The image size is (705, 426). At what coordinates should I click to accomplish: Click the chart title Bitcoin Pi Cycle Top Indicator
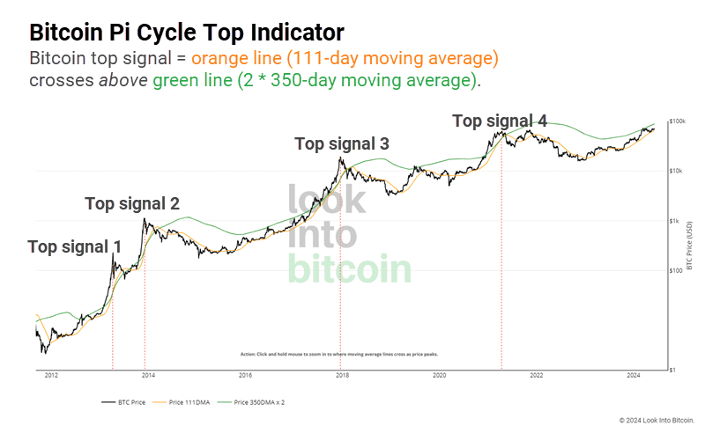pos(187,33)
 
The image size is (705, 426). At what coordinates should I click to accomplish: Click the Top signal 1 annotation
pos(74,246)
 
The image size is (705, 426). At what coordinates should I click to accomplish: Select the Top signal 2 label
pos(132,203)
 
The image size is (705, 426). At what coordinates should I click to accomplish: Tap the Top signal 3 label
pos(341,143)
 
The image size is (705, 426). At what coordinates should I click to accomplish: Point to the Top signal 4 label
pos(499,121)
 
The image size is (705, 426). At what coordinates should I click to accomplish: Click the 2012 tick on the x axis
pos(51,376)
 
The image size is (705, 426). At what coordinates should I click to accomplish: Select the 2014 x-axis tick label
pos(148,376)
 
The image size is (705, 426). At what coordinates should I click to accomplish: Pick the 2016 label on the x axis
pos(245,376)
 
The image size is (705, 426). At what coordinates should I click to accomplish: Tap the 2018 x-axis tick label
pos(342,376)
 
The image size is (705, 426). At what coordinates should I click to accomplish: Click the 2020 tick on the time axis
pos(439,376)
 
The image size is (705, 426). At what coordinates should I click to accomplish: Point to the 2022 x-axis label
pos(536,376)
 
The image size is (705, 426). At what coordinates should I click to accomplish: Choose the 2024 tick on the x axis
pos(633,376)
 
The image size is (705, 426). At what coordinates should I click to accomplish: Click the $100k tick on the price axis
pos(677,121)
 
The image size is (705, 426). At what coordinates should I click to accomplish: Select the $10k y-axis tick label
pos(675,171)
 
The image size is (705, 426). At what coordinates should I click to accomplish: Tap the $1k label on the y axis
pos(673,221)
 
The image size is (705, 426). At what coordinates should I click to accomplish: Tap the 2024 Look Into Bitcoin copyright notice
pos(657,420)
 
